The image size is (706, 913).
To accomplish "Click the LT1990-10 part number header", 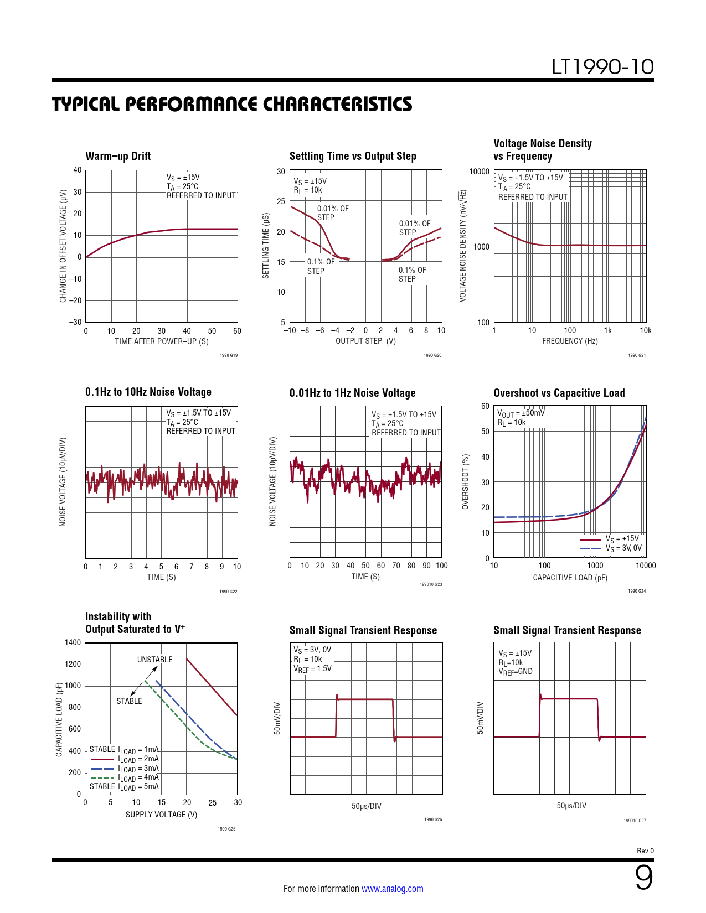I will (x=602, y=67).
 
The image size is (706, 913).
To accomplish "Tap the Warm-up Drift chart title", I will (x=118, y=156).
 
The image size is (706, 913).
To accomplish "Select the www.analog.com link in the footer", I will (x=392, y=889).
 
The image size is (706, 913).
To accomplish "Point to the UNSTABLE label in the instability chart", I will (x=154, y=660).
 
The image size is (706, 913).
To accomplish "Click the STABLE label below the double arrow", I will (x=129, y=701).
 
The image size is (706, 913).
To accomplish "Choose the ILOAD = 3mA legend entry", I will (x=138, y=769).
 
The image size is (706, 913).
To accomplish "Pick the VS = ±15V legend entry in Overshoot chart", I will (x=622, y=539).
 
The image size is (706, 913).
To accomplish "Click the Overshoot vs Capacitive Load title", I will (x=559, y=393).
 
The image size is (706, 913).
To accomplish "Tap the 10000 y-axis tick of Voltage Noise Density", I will (x=479, y=172).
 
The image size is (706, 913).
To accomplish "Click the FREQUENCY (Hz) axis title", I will (x=570, y=341).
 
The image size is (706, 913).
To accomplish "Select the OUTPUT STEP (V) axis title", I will (x=365, y=341).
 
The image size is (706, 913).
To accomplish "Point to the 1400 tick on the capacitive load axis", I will (x=73, y=642).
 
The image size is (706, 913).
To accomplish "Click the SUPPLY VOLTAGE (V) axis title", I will (x=161, y=815).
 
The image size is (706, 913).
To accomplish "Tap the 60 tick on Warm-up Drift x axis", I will (x=237, y=331).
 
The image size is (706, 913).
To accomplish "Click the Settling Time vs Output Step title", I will (x=353, y=156).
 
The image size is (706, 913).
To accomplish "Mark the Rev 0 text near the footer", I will (x=645, y=851).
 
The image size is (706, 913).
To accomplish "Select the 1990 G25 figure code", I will (x=226, y=829).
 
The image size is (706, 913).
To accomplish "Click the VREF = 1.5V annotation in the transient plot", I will (x=312, y=668).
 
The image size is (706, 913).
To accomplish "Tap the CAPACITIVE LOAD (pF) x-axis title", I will (x=570, y=578).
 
